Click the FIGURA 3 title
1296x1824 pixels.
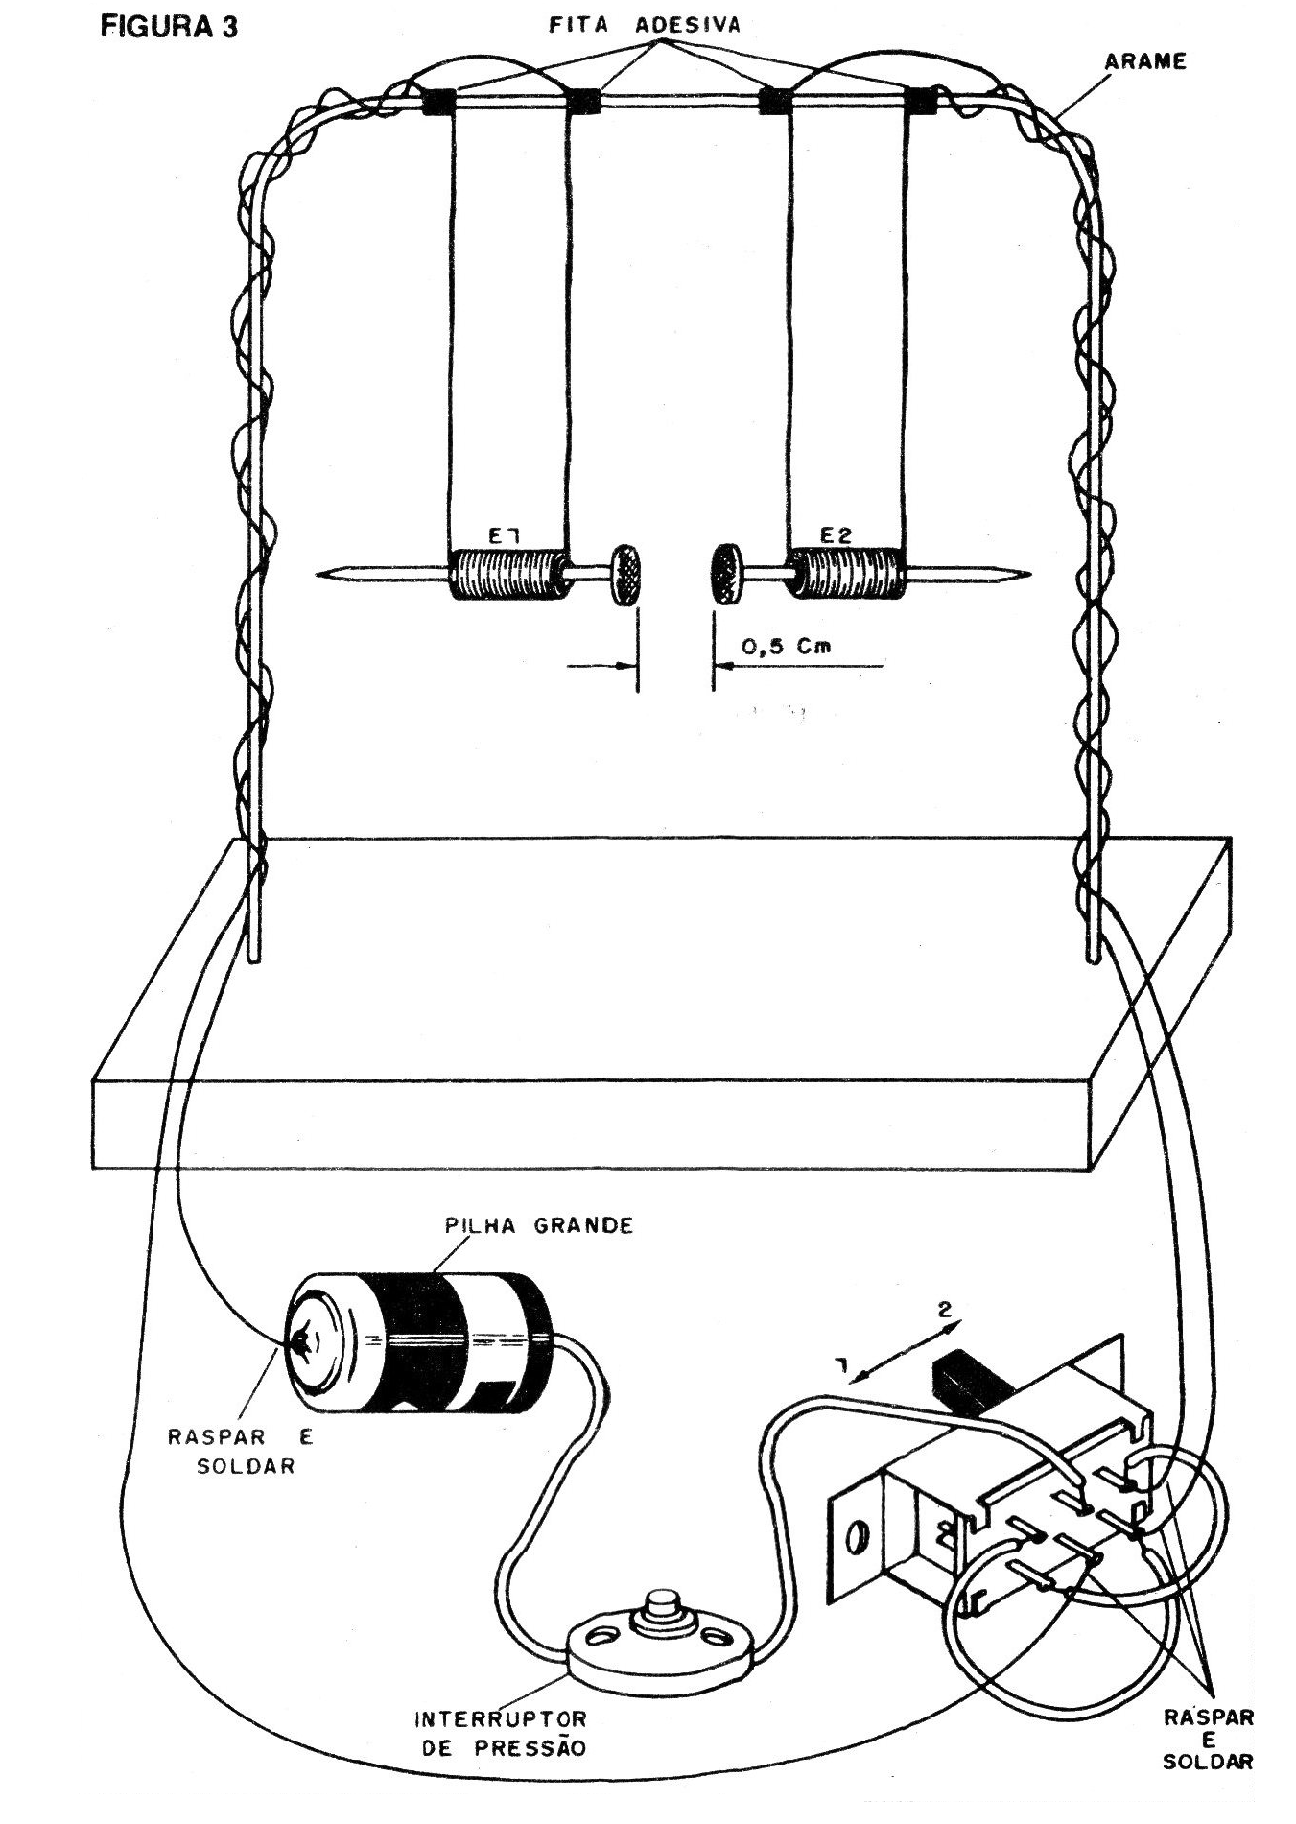pos(169,26)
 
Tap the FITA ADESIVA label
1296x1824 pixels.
pos(645,25)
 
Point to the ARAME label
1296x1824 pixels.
pos(1145,61)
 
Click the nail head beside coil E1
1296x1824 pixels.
pos(626,574)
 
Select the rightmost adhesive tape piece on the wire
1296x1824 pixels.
pos(923,100)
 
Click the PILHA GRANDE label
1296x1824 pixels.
pos(539,1225)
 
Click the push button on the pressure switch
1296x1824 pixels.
pos(660,1603)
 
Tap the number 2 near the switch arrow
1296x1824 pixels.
pos(944,1309)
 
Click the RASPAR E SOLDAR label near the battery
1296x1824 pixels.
pos(241,1452)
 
